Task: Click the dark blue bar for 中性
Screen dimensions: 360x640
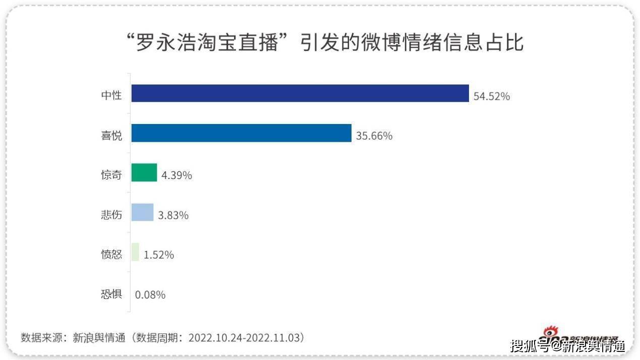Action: click(300, 93)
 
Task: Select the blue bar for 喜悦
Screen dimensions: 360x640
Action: click(241, 133)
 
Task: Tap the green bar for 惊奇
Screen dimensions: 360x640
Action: click(144, 172)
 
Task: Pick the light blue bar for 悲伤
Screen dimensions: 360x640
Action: click(142, 212)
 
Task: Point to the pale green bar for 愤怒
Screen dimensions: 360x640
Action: click(135, 252)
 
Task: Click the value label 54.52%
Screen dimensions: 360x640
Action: click(492, 96)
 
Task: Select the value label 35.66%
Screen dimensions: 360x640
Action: click(374, 136)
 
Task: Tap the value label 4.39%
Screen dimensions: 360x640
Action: click(177, 175)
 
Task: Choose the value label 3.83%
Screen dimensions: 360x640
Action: click(173, 215)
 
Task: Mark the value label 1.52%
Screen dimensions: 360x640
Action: click(159, 255)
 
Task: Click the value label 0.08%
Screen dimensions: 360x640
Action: click(150, 295)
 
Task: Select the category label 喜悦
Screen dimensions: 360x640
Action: click(111, 135)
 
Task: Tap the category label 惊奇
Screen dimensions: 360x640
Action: click(111, 175)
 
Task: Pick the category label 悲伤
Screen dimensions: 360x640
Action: click(111, 215)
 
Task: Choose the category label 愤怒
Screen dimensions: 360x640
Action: click(111, 255)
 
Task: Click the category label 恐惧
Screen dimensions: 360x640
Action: click(111, 294)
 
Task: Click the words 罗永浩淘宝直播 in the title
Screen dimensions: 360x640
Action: click(207, 43)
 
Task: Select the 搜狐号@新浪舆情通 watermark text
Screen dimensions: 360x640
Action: click(567, 346)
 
